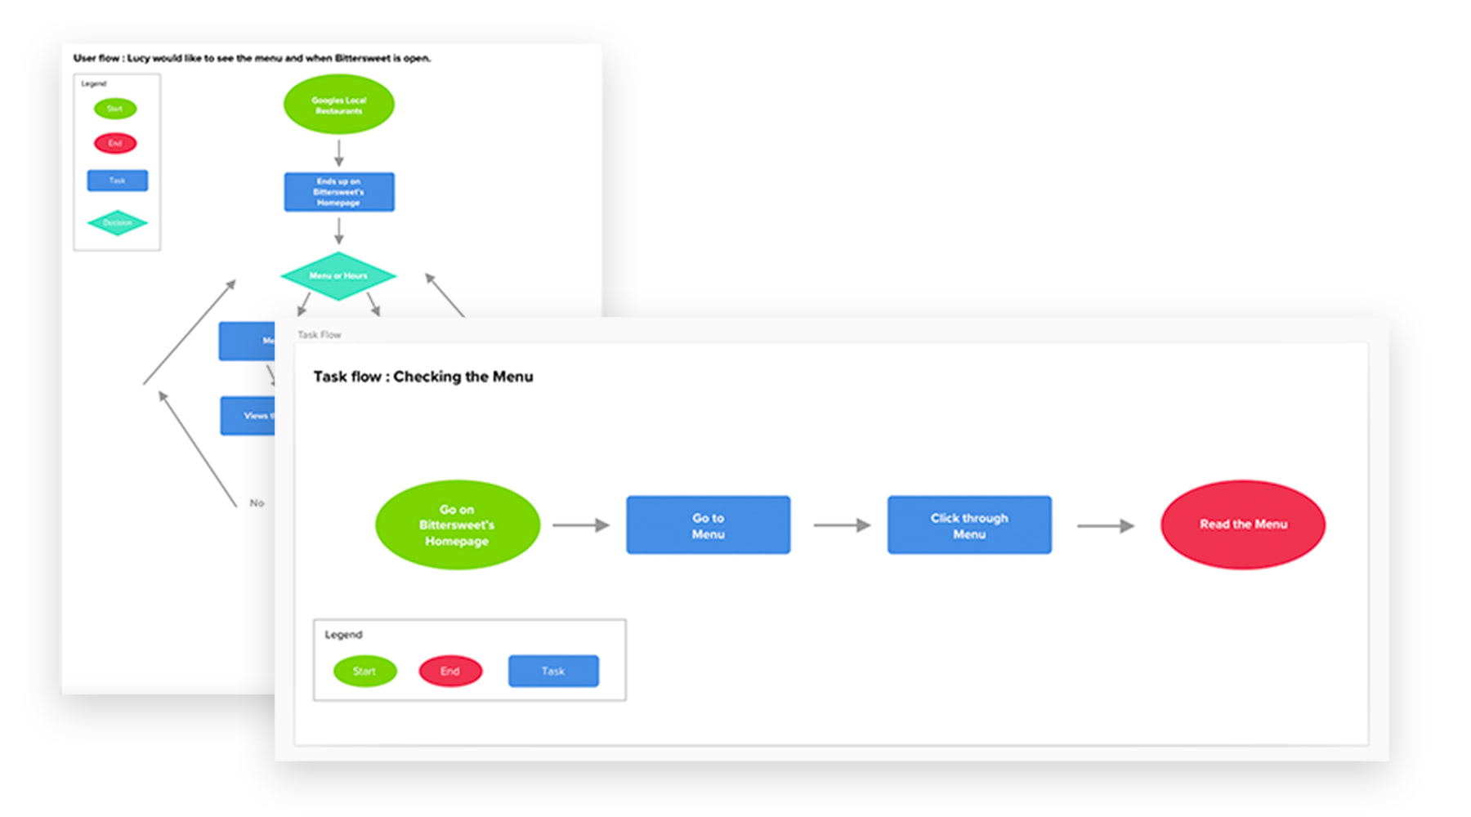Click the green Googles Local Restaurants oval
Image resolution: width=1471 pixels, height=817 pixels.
click(338, 105)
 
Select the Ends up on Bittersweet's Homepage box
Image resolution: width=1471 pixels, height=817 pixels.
click(339, 192)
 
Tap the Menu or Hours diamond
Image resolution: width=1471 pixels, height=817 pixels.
click(338, 276)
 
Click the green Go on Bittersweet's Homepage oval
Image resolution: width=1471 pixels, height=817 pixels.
click(457, 525)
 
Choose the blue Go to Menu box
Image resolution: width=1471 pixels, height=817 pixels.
click(708, 525)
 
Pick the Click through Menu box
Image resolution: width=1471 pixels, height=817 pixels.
click(969, 525)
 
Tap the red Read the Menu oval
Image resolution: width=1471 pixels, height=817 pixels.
click(1242, 525)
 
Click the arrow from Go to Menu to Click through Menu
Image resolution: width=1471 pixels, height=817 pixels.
click(841, 525)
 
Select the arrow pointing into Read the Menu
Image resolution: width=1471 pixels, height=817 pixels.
click(1105, 526)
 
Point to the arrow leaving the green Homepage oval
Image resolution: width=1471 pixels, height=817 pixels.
click(580, 525)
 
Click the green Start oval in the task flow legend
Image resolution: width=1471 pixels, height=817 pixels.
click(364, 671)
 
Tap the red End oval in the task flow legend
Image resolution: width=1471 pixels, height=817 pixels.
click(450, 671)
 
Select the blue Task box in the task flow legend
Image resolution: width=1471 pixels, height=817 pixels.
click(553, 671)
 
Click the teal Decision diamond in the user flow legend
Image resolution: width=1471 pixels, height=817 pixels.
click(117, 223)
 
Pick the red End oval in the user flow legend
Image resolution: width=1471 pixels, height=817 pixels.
click(115, 144)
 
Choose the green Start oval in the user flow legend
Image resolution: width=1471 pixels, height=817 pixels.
click(115, 109)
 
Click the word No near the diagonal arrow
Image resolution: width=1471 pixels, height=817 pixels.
click(257, 503)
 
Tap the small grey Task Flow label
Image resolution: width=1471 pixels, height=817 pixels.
click(319, 335)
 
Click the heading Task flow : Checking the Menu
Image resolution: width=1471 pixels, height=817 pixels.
click(423, 377)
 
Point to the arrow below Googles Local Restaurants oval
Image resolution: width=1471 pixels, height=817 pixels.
click(338, 153)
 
